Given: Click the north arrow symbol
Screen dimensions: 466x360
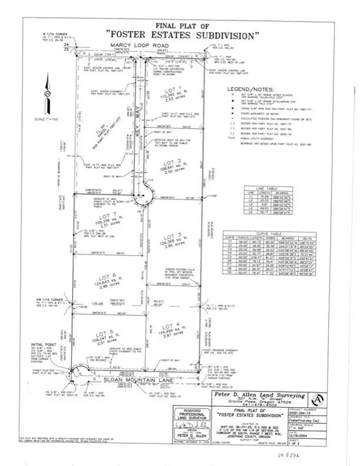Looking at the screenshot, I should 46,97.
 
